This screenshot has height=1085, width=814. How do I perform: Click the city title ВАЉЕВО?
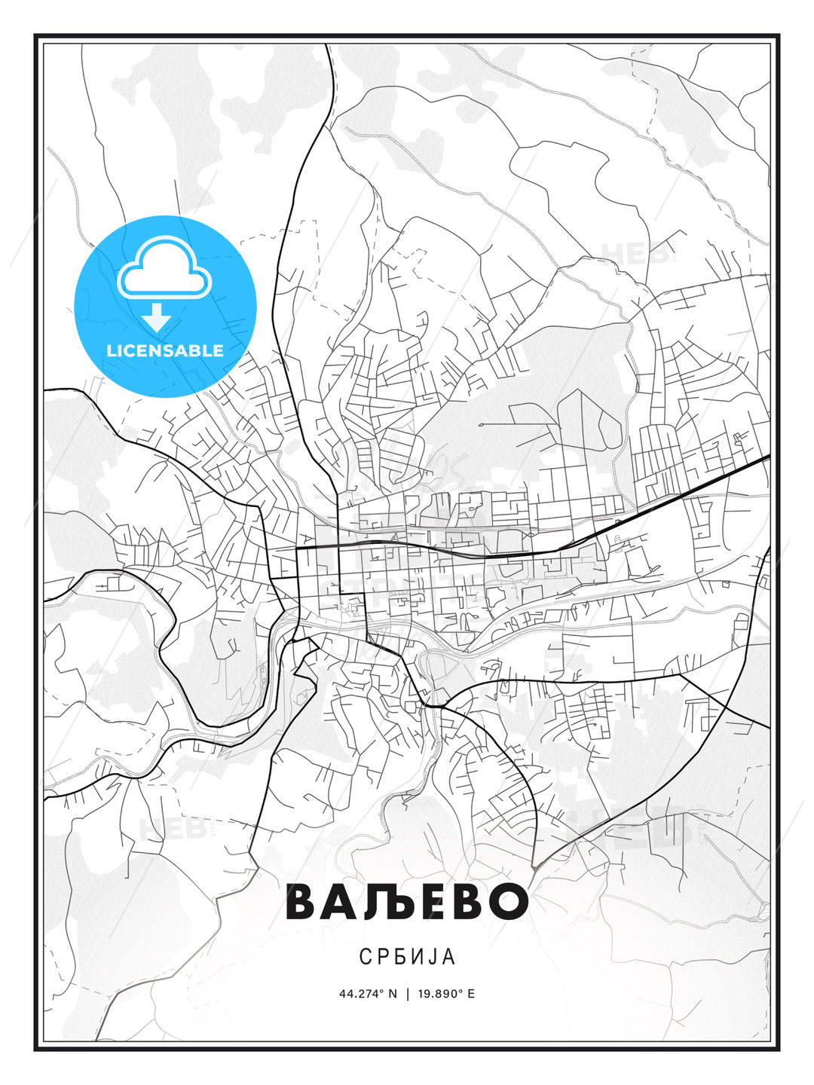click(x=407, y=901)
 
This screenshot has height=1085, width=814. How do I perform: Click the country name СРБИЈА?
click(x=407, y=957)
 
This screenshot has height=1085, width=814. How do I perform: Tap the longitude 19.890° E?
click(x=445, y=994)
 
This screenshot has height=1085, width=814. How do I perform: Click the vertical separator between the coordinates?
click(x=408, y=994)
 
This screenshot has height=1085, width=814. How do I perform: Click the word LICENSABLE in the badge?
click(x=165, y=350)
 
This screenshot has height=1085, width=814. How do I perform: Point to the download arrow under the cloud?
click(x=157, y=317)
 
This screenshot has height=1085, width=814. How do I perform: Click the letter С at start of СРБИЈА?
click(x=365, y=957)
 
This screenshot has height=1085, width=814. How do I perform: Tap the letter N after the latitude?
click(x=392, y=994)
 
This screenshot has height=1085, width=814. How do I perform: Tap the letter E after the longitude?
click(x=471, y=994)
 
